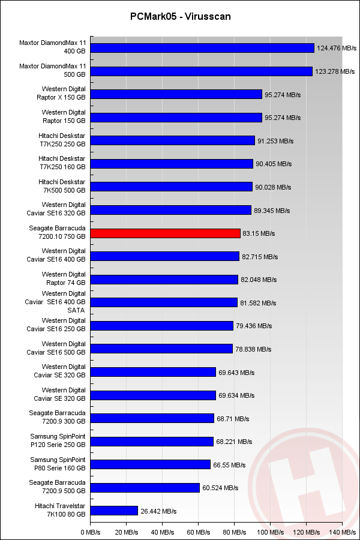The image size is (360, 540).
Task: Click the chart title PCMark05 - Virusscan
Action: pyautogui.click(x=180, y=17)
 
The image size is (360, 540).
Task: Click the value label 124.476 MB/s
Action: pyautogui.click(x=337, y=48)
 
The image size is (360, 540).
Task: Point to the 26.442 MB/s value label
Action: pyautogui.click(x=158, y=511)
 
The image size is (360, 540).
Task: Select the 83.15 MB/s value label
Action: pyautogui.click(x=260, y=233)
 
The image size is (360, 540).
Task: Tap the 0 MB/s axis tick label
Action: pyautogui.click(x=90, y=532)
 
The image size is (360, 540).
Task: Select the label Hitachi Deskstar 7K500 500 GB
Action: pyautogui.click(x=62, y=187)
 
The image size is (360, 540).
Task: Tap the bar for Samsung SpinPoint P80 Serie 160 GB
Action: pyautogui.click(x=150, y=465)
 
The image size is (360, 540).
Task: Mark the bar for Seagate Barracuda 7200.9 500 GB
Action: pyautogui.click(x=145, y=488)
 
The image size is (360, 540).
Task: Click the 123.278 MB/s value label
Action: pyautogui.click(x=335, y=71)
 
